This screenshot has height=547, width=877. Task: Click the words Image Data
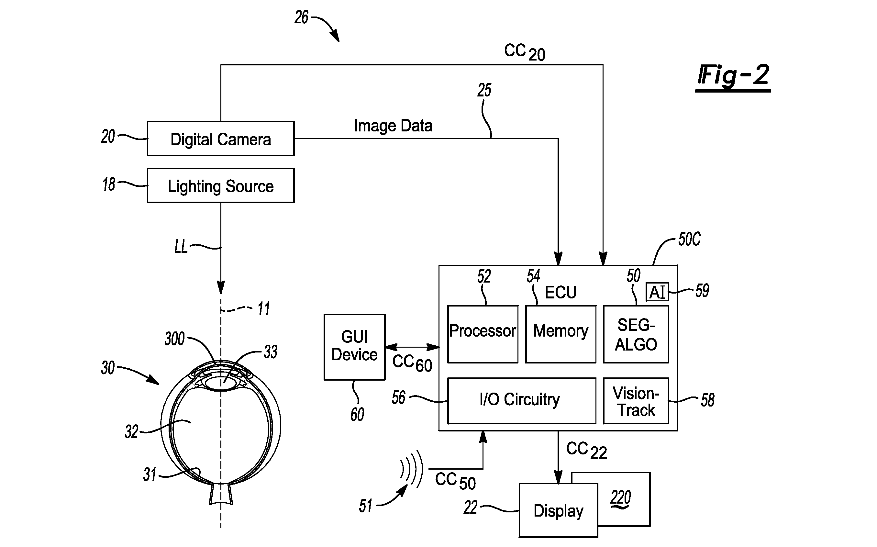coord(393,126)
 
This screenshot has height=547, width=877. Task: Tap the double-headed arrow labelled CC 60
coord(412,347)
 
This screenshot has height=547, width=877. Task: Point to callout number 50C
coord(689,240)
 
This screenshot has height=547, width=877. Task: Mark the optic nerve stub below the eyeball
coord(221,495)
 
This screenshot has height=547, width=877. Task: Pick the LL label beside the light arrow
coord(181,247)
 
